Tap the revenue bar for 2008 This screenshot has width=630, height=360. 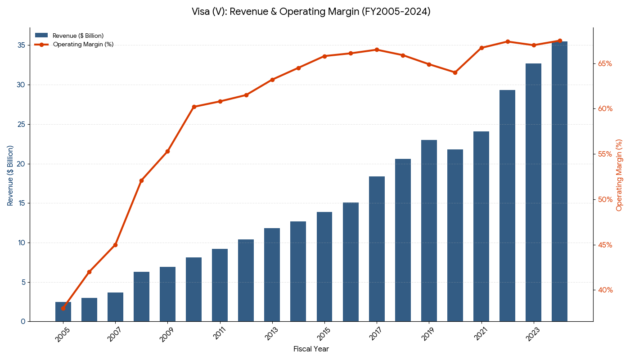tap(141, 297)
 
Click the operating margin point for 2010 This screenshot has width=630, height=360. tap(194, 107)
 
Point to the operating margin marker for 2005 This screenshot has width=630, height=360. tap(63, 308)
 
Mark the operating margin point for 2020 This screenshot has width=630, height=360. tap(455, 72)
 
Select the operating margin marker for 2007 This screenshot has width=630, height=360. tap(115, 245)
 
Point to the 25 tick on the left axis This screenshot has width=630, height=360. tap(21, 124)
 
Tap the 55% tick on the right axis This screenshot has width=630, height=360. tap(605, 154)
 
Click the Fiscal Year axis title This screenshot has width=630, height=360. tap(311, 349)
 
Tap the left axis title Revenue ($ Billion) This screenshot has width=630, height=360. tap(10, 175)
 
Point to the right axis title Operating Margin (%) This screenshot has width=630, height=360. tap(620, 175)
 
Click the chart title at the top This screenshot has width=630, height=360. tap(311, 12)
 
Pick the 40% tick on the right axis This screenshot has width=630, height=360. tap(605, 290)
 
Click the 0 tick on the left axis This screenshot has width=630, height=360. tap(23, 322)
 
